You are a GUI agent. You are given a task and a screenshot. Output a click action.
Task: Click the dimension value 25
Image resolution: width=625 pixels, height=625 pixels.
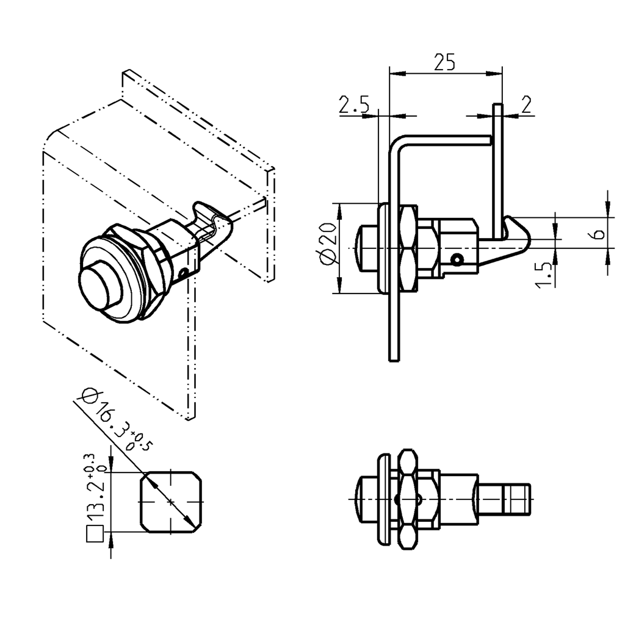[444, 62]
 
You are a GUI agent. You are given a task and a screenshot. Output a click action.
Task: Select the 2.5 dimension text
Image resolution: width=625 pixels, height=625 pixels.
[354, 106]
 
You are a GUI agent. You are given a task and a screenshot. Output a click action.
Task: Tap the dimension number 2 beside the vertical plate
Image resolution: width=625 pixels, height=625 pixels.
[526, 104]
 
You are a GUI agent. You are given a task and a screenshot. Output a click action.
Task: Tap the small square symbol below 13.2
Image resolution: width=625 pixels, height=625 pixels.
[94, 533]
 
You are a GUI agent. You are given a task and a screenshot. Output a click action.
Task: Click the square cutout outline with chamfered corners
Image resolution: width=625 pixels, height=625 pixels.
[171, 501]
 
